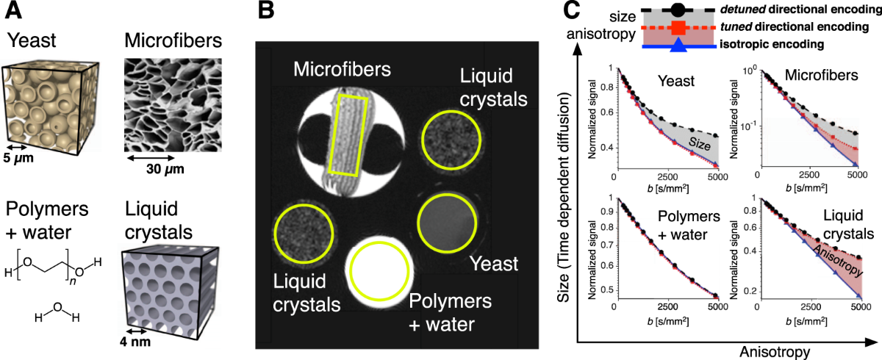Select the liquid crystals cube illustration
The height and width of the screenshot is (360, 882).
pyautogui.click(x=163, y=287)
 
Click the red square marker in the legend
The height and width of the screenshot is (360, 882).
pyautogui.click(x=678, y=28)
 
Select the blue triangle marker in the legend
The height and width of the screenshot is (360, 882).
pyautogui.click(x=678, y=46)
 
